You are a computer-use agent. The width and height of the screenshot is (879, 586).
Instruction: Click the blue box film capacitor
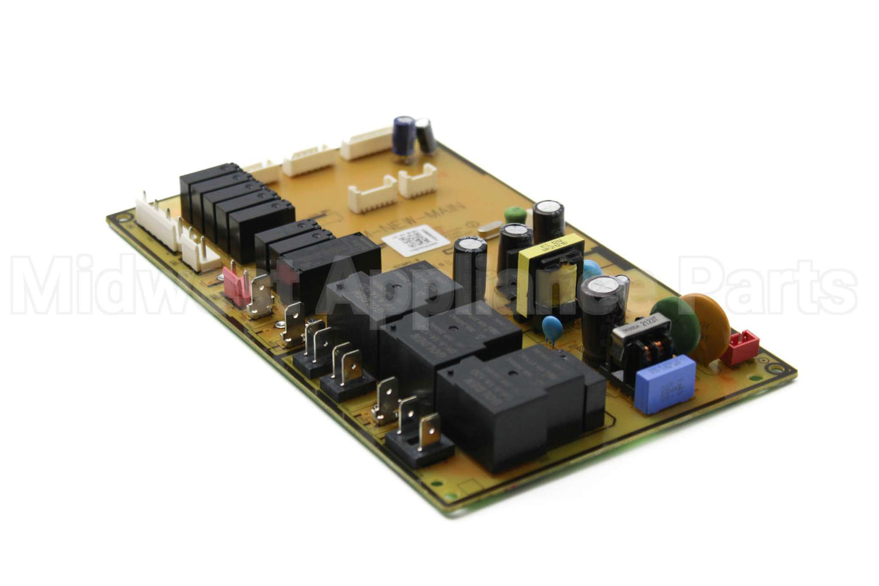(664, 384)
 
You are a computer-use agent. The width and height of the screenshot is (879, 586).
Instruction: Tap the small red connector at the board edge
(739, 347)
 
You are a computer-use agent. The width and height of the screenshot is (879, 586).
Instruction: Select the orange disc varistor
(708, 327)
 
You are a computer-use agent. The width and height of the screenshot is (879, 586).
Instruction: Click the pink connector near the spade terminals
(237, 286)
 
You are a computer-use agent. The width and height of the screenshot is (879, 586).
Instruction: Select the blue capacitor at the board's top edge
(404, 135)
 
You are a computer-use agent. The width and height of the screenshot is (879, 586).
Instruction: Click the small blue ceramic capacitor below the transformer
(552, 326)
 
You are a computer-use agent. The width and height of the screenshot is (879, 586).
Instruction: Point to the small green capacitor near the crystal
(515, 214)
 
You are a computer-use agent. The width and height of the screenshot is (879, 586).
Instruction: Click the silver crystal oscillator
(490, 228)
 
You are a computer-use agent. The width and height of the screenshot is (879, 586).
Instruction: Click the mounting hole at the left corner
(122, 217)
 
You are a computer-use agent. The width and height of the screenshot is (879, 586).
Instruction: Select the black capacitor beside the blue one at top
(426, 135)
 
